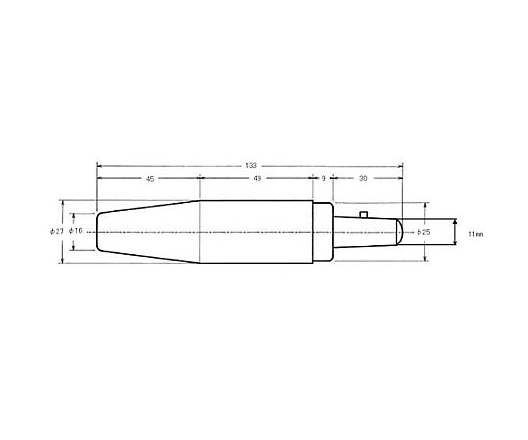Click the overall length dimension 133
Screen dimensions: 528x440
click(251, 166)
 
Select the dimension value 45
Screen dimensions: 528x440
click(150, 179)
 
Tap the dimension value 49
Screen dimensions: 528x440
click(257, 178)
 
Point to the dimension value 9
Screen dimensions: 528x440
click(323, 178)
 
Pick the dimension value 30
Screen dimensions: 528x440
click(363, 178)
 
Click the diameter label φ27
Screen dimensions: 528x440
click(57, 232)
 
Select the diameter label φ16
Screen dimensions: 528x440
click(76, 231)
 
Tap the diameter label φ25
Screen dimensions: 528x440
click(423, 232)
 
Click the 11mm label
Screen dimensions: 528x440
click(476, 234)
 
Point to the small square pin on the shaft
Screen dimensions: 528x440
click(363, 214)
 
